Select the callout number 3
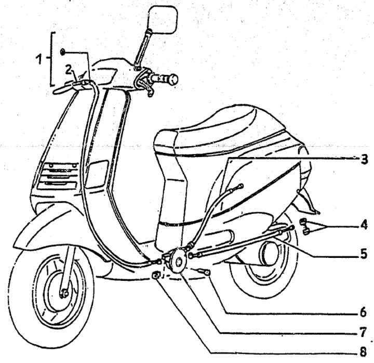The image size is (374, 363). (365, 160)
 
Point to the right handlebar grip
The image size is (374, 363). (167, 80)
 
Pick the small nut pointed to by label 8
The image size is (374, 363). (156, 275)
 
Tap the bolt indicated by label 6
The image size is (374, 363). (204, 272)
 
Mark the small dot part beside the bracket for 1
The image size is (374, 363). (63, 51)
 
